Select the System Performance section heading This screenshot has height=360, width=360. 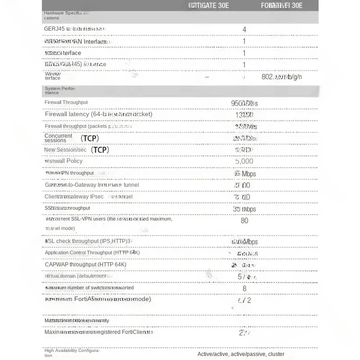click(60, 90)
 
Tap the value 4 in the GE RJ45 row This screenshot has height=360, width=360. click(244, 30)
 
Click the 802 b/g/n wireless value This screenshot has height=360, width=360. click(282, 77)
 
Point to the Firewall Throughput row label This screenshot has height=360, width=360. click(66, 103)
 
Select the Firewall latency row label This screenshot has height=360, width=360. click(99, 114)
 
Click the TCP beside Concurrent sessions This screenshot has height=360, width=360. click(90, 138)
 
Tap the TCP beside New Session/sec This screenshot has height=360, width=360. click(100, 150)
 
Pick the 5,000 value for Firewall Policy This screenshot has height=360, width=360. click(244, 161)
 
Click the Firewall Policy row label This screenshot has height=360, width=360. click(63, 161)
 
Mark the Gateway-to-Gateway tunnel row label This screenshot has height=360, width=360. click(92, 185)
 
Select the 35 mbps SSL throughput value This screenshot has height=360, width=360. click(244, 209)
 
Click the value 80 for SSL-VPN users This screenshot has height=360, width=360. click(244, 220)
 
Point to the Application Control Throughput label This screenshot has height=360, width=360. click(92, 253)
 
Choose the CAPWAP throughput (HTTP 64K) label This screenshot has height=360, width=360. click(85, 265)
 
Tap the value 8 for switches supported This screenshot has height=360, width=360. click(244, 288)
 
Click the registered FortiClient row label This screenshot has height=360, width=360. click(99, 332)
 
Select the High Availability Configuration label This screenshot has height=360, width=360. click(72, 353)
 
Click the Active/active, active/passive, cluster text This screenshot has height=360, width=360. click(241, 354)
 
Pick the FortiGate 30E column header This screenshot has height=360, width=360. click(208, 6)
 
